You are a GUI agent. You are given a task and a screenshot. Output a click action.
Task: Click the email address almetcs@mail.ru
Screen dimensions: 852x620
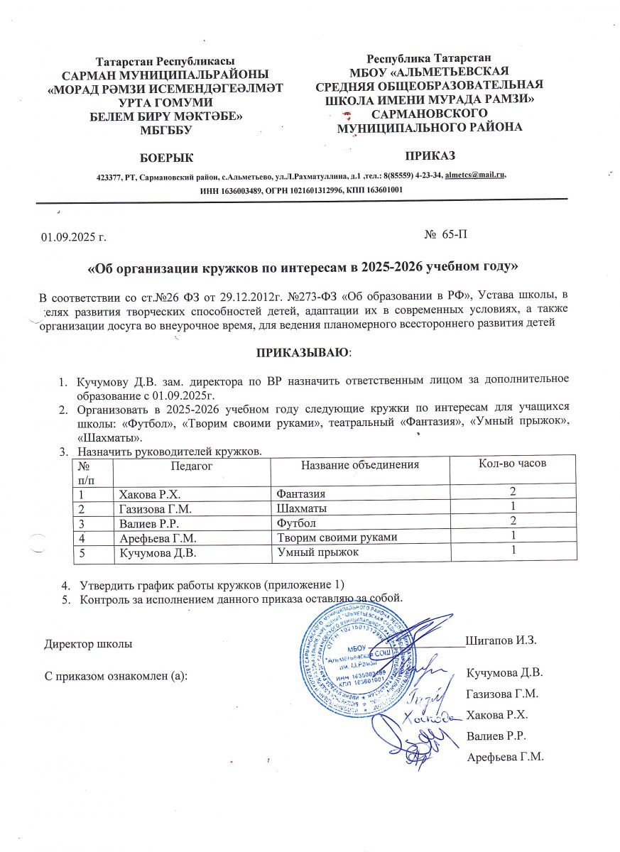click(475, 174)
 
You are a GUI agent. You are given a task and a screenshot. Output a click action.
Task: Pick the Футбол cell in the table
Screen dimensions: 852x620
click(295, 523)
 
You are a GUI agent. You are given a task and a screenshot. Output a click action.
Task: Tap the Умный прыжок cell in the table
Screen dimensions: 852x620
click(317, 552)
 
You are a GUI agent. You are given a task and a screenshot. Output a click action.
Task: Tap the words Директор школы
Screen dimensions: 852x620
click(87, 645)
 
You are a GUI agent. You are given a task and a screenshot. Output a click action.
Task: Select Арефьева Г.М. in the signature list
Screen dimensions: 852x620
click(505, 757)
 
